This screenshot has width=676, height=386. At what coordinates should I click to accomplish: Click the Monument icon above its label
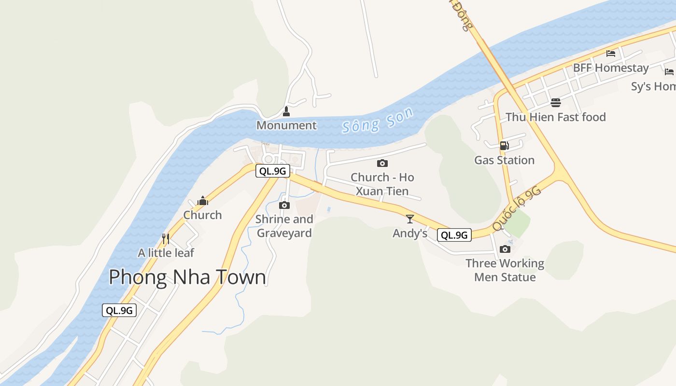click(286, 112)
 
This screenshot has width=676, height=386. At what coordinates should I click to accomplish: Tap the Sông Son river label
click(378, 120)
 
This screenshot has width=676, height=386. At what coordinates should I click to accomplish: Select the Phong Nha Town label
click(187, 277)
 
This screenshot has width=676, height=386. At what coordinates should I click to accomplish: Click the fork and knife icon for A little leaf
click(166, 238)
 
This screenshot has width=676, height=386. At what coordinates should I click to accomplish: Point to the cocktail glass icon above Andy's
click(410, 219)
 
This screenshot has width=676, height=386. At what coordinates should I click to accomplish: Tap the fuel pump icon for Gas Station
click(504, 146)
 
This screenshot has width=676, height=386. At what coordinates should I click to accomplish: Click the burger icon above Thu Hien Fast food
click(556, 103)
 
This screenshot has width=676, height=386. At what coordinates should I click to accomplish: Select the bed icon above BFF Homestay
click(611, 54)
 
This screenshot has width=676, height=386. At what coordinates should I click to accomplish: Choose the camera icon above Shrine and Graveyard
click(284, 206)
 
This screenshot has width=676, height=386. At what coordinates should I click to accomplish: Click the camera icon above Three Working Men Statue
click(505, 249)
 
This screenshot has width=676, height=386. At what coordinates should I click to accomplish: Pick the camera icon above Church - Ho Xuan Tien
click(382, 164)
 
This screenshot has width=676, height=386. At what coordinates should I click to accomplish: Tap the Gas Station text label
click(504, 160)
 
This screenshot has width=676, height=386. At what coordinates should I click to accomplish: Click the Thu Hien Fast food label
click(555, 117)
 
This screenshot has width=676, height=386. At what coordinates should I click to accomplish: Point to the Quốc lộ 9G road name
click(516, 209)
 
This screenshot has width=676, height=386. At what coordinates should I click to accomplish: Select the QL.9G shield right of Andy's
click(454, 235)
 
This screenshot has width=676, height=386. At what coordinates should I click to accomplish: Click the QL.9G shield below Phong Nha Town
click(119, 310)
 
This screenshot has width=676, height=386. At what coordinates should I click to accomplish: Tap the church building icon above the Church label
click(203, 201)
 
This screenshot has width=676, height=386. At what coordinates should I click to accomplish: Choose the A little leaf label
click(166, 253)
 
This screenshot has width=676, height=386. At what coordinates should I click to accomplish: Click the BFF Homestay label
click(610, 68)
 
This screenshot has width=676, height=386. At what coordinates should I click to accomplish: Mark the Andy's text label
click(410, 234)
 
